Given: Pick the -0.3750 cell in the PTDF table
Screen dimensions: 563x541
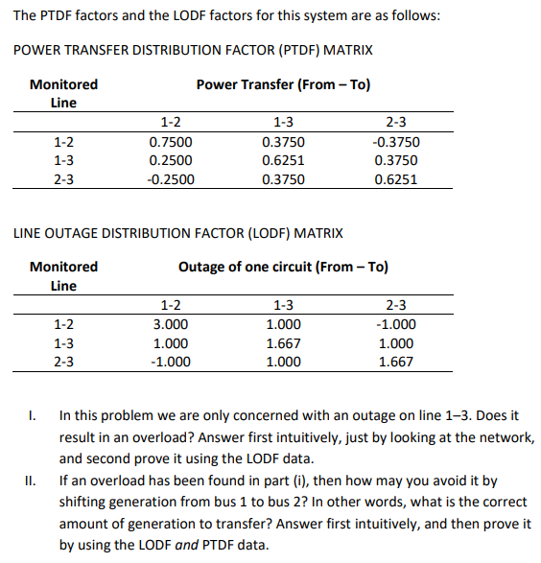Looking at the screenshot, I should tap(395, 142).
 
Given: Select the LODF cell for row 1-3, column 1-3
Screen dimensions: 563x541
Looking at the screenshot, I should tap(283, 343).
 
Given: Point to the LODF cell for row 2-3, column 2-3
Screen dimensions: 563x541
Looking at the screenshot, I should tap(396, 362).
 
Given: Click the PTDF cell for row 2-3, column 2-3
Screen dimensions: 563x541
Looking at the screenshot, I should tap(395, 178).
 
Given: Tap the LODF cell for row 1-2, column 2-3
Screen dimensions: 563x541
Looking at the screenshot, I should tap(396, 324).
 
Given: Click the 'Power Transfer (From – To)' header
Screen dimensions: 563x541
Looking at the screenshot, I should tap(283, 84).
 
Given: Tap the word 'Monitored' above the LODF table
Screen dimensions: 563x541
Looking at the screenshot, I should tap(63, 267).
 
